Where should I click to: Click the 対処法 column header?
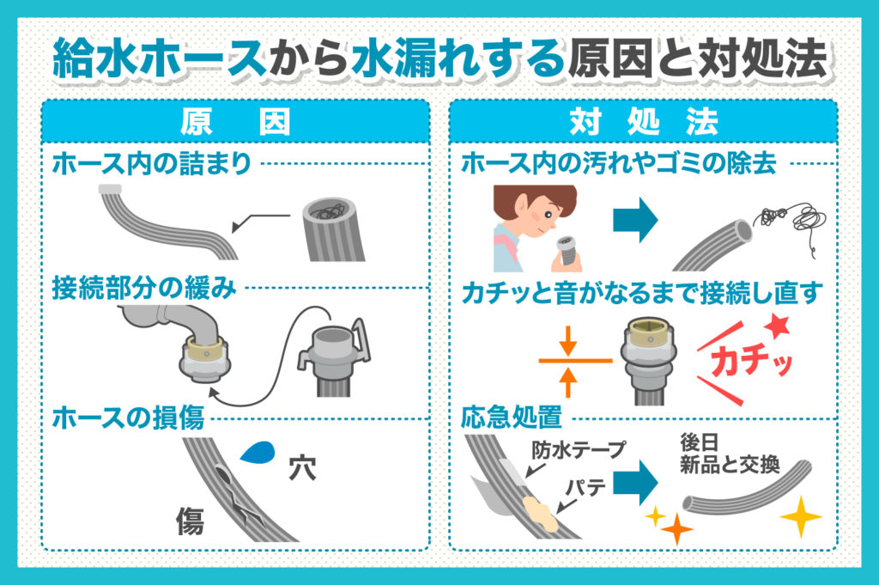click(643, 122)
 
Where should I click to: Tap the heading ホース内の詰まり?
click(152, 163)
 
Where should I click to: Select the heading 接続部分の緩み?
click(143, 289)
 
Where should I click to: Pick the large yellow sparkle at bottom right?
click(800, 517)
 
